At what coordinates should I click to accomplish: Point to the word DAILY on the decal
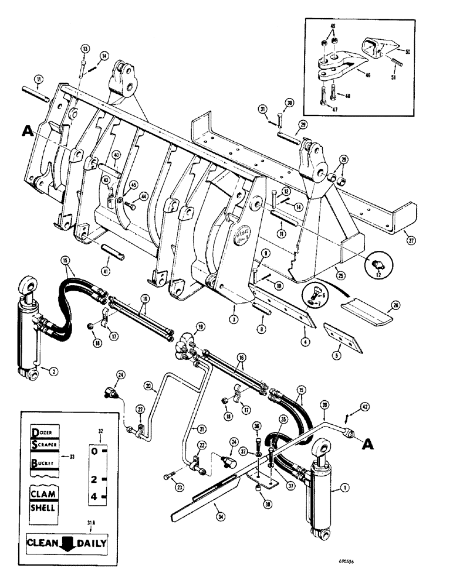pyautogui.click(x=91, y=543)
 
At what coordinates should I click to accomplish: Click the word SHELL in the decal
pyautogui.click(x=43, y=507)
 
